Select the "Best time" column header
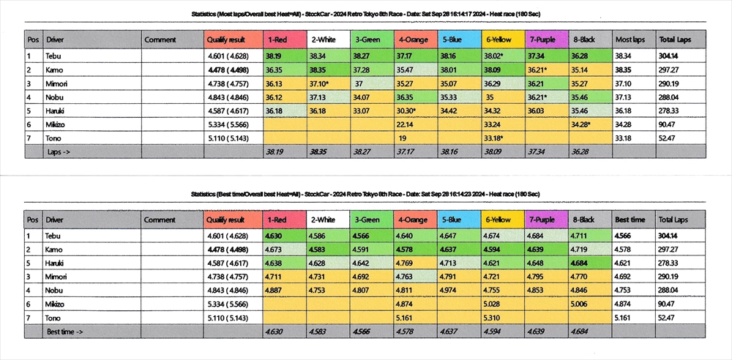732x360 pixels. [630, 220]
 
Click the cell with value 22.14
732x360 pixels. [407, 124]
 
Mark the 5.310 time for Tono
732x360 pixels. [491, 318]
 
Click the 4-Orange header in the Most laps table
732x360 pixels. [414, 40]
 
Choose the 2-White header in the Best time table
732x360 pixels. [324, 220]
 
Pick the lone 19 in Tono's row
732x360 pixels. [403, 138]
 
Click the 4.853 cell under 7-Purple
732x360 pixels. [537, 290]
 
